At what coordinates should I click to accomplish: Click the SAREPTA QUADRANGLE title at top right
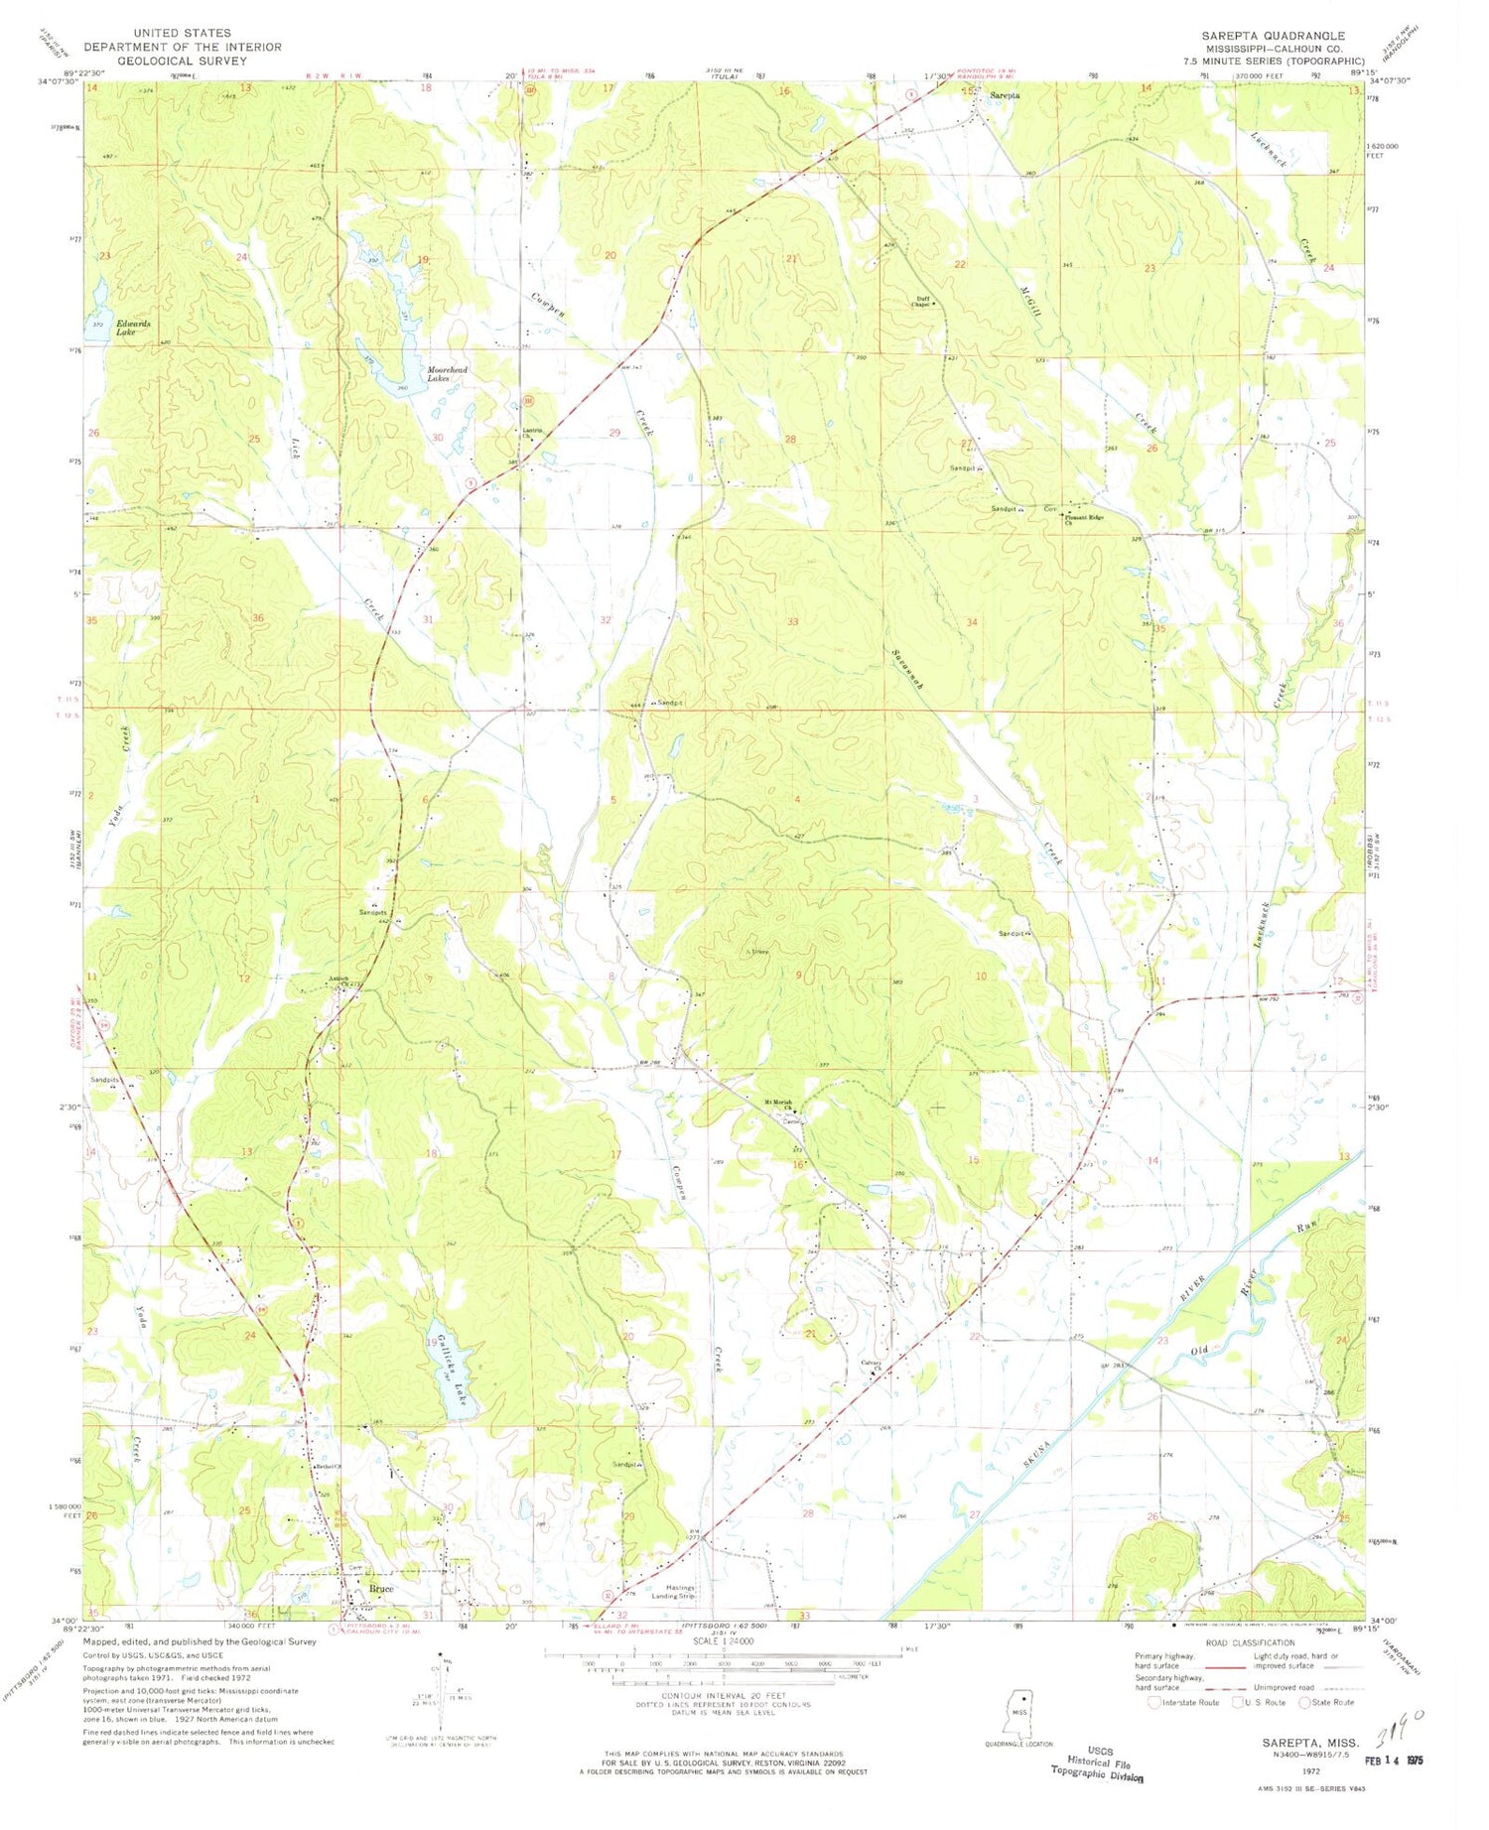[x=1274, y=35]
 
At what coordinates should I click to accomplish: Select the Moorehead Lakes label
[x=447, y=374]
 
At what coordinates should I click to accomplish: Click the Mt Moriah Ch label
[x=782, y=1104]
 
